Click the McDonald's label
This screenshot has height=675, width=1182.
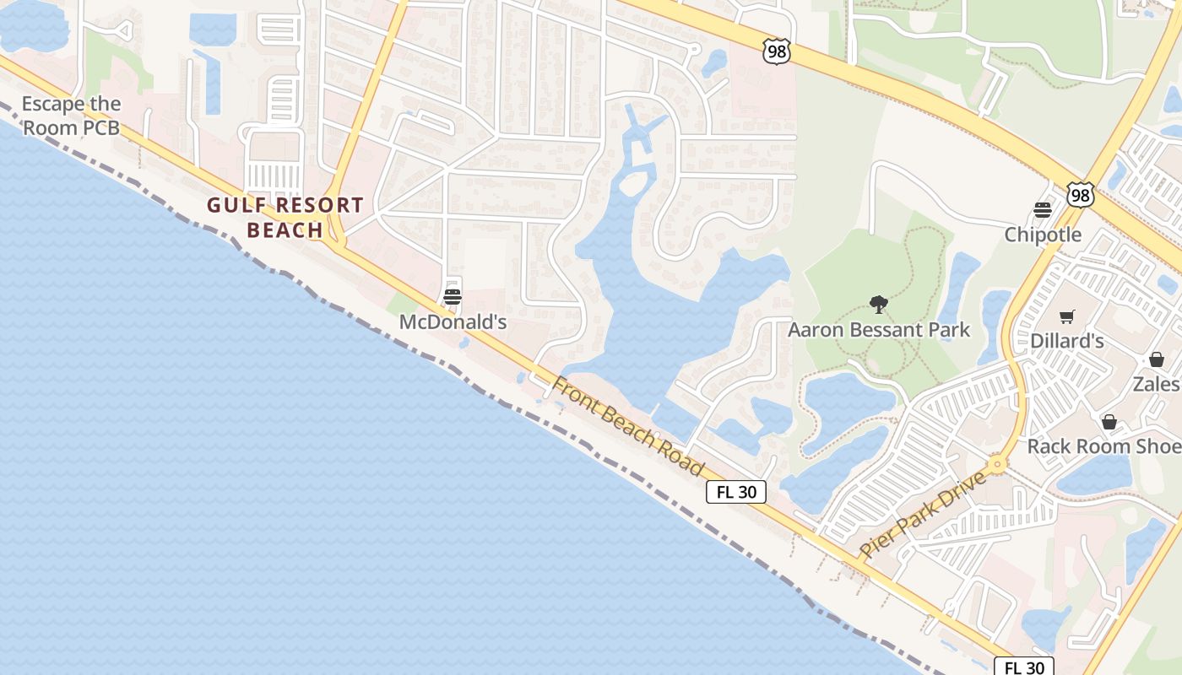coord(453,322)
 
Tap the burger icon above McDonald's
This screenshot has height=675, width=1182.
coord(453,296)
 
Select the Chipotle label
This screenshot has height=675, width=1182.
coord(1043,235)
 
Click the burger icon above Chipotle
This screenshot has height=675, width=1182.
coord(1043,209)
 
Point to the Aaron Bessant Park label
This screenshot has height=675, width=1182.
coord(879,330)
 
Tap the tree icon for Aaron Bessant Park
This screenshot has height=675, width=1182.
coord(879,304)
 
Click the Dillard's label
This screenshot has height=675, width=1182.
coord(1067,342)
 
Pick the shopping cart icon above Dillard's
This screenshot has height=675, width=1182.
coord(1067,316)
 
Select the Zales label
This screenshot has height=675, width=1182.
coord(1156,384)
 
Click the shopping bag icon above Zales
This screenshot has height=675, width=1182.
coord(1156,359)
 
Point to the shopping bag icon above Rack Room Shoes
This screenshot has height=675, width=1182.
coord(1109,421)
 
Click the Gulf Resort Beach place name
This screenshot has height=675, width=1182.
coord(285,217)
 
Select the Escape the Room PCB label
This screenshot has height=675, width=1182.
coord(71,116)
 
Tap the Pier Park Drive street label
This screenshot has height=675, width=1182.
coord(923,514)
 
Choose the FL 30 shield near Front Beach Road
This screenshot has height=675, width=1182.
coord(736,492)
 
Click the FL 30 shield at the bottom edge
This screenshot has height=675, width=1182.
coord(1023,667)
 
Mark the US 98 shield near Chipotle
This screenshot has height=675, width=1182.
coord(1081,195)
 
